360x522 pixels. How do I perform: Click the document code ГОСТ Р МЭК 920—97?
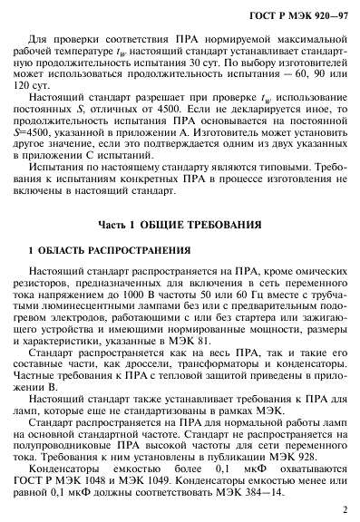296,17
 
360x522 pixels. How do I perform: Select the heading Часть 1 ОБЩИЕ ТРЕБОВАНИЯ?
181,248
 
